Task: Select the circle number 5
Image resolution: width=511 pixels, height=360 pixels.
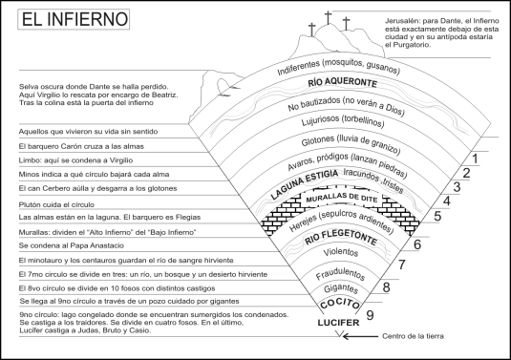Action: tap(436, 216)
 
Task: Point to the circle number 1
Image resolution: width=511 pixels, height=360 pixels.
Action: tap(474, 158)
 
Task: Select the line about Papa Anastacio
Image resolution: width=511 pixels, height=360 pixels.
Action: tap(82, 246)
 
